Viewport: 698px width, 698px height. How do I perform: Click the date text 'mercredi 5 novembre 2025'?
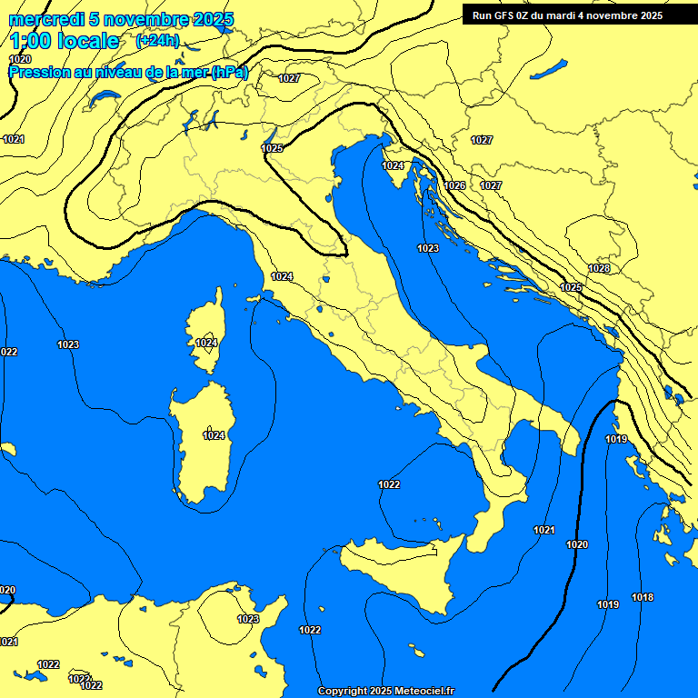[x=121, y=19]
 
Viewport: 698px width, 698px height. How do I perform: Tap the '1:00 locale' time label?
[x=65, y=41]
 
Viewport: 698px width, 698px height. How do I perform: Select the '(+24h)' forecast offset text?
[x=157, y=41]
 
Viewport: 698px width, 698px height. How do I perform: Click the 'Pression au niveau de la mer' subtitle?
[x=128, y=72]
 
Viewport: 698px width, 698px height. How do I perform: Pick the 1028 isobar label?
[x=599, y=269]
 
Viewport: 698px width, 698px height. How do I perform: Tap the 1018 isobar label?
[x=643, y=597]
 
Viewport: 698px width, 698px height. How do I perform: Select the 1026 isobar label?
[x=455, y=185]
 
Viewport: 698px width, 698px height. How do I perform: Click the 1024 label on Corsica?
[x=206, y=343]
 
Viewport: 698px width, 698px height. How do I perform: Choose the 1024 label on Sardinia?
[x=214, y=435]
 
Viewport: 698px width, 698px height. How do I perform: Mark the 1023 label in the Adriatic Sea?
[x=428, y=248]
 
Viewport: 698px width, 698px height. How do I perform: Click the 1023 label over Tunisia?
[x=248, y=619]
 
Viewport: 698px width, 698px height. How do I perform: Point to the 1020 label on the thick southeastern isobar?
[x=577, y=544]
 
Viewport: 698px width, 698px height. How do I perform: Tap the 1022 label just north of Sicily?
[x=389, y=484]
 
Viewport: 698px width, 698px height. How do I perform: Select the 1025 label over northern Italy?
[x=272, y=148]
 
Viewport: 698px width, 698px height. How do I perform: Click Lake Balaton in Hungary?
[x=549, y=70]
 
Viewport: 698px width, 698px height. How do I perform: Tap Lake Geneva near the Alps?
[x=105, y=96]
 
